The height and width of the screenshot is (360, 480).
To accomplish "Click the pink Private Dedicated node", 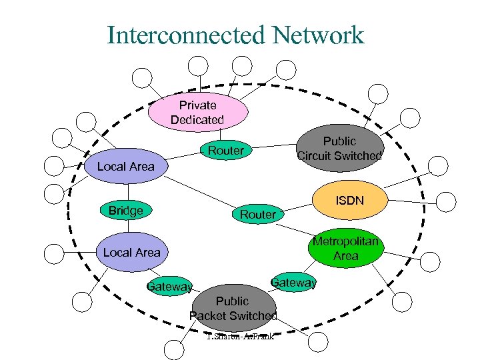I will coord(197,113).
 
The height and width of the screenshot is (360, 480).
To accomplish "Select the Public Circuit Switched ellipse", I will coord(340,149).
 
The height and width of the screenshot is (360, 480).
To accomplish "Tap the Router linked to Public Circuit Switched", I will coord(225,151).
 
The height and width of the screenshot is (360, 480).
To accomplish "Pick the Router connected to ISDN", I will coord(257,214).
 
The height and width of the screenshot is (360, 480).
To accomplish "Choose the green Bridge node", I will coord(125,211).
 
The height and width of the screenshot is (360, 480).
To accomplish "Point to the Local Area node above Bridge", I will coord(125,166).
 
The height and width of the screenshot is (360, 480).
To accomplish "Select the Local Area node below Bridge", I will coord(131,253).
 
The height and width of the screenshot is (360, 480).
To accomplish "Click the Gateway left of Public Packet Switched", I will coord(169,287).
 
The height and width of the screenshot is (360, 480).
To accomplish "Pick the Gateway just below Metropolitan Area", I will coord(293,283).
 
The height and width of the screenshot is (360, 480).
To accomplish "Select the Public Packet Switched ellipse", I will coord(233,308).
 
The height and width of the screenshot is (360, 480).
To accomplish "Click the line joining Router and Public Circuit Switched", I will coord(273,146).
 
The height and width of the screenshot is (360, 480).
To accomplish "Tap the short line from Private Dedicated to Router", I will coord(219,135).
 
